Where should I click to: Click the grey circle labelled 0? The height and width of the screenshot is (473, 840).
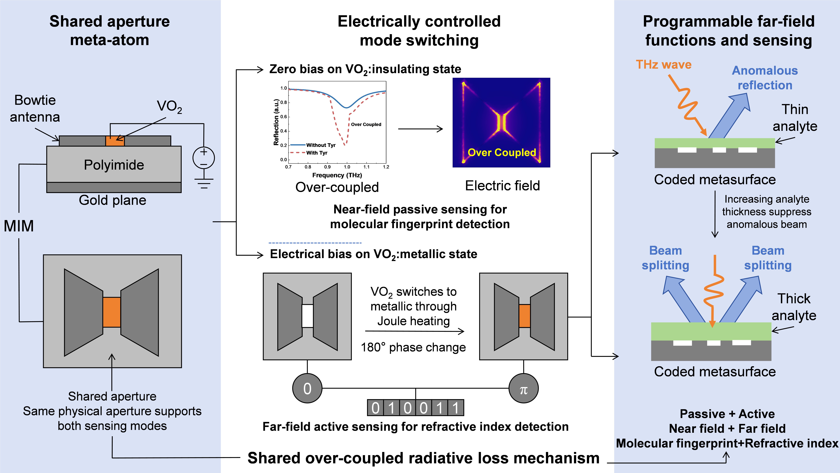point(307,388)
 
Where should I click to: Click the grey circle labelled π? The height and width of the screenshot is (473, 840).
point(523,388)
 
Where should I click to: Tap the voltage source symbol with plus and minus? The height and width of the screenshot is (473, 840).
point(204,158)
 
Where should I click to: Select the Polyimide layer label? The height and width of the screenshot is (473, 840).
point(114,165)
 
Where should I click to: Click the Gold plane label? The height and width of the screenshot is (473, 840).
point(113,200)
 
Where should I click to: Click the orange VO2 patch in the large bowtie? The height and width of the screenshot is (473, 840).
point(111,312)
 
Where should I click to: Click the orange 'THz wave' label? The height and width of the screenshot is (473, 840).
point(664,65)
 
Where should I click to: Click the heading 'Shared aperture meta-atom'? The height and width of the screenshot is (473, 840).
point(110,31)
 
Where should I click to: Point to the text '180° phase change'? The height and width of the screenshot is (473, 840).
point(413,347)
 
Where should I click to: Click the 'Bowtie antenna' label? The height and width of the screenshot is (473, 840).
point(35,108)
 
